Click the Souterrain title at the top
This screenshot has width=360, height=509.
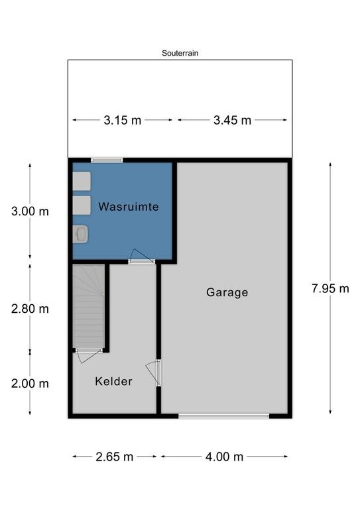(x=180, y=53)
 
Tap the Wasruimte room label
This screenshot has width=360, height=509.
(x=129, y=207)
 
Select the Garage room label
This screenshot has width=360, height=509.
(x=227, y=292)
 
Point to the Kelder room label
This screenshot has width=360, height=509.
(x=113, y=381)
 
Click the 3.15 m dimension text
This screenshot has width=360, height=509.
(x=122, y=120)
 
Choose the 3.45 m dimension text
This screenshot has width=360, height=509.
(x=232, y=120)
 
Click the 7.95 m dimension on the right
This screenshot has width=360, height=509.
(x=330, y=288)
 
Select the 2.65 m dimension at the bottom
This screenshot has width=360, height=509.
(x=114, y=457)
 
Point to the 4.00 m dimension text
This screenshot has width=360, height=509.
(x=225, y=457)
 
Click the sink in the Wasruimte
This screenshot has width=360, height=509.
(x=82, y=233)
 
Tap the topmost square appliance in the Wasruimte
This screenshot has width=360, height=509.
(x=82, y=181)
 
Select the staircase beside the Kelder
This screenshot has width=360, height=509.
(x=88, y=305)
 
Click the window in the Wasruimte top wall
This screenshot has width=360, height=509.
(x=107, y=159)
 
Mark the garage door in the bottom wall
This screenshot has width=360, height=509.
(x=223, y=416)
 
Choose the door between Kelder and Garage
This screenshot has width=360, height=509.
(x=157, y=372)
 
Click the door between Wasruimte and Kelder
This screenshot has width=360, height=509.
(x=142, y=261)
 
